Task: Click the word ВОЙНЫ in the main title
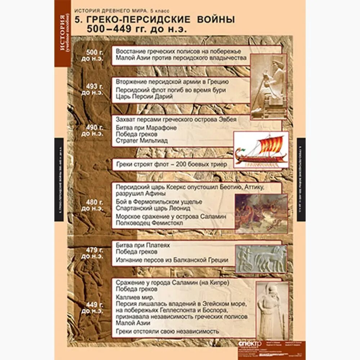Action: tap(214, 20)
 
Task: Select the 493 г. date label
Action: tap(93, 89)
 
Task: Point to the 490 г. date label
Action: tap(93, 130)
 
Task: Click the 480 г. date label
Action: tap(93, 205)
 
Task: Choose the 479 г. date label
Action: tap(93, 253)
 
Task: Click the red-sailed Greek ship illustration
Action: tap(261, 150)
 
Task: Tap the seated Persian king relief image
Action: tap(269, 86)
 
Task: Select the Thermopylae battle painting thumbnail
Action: tap(261, 213)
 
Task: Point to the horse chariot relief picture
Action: tap(261, 258)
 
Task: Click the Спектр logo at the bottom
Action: tap(247, 343)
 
